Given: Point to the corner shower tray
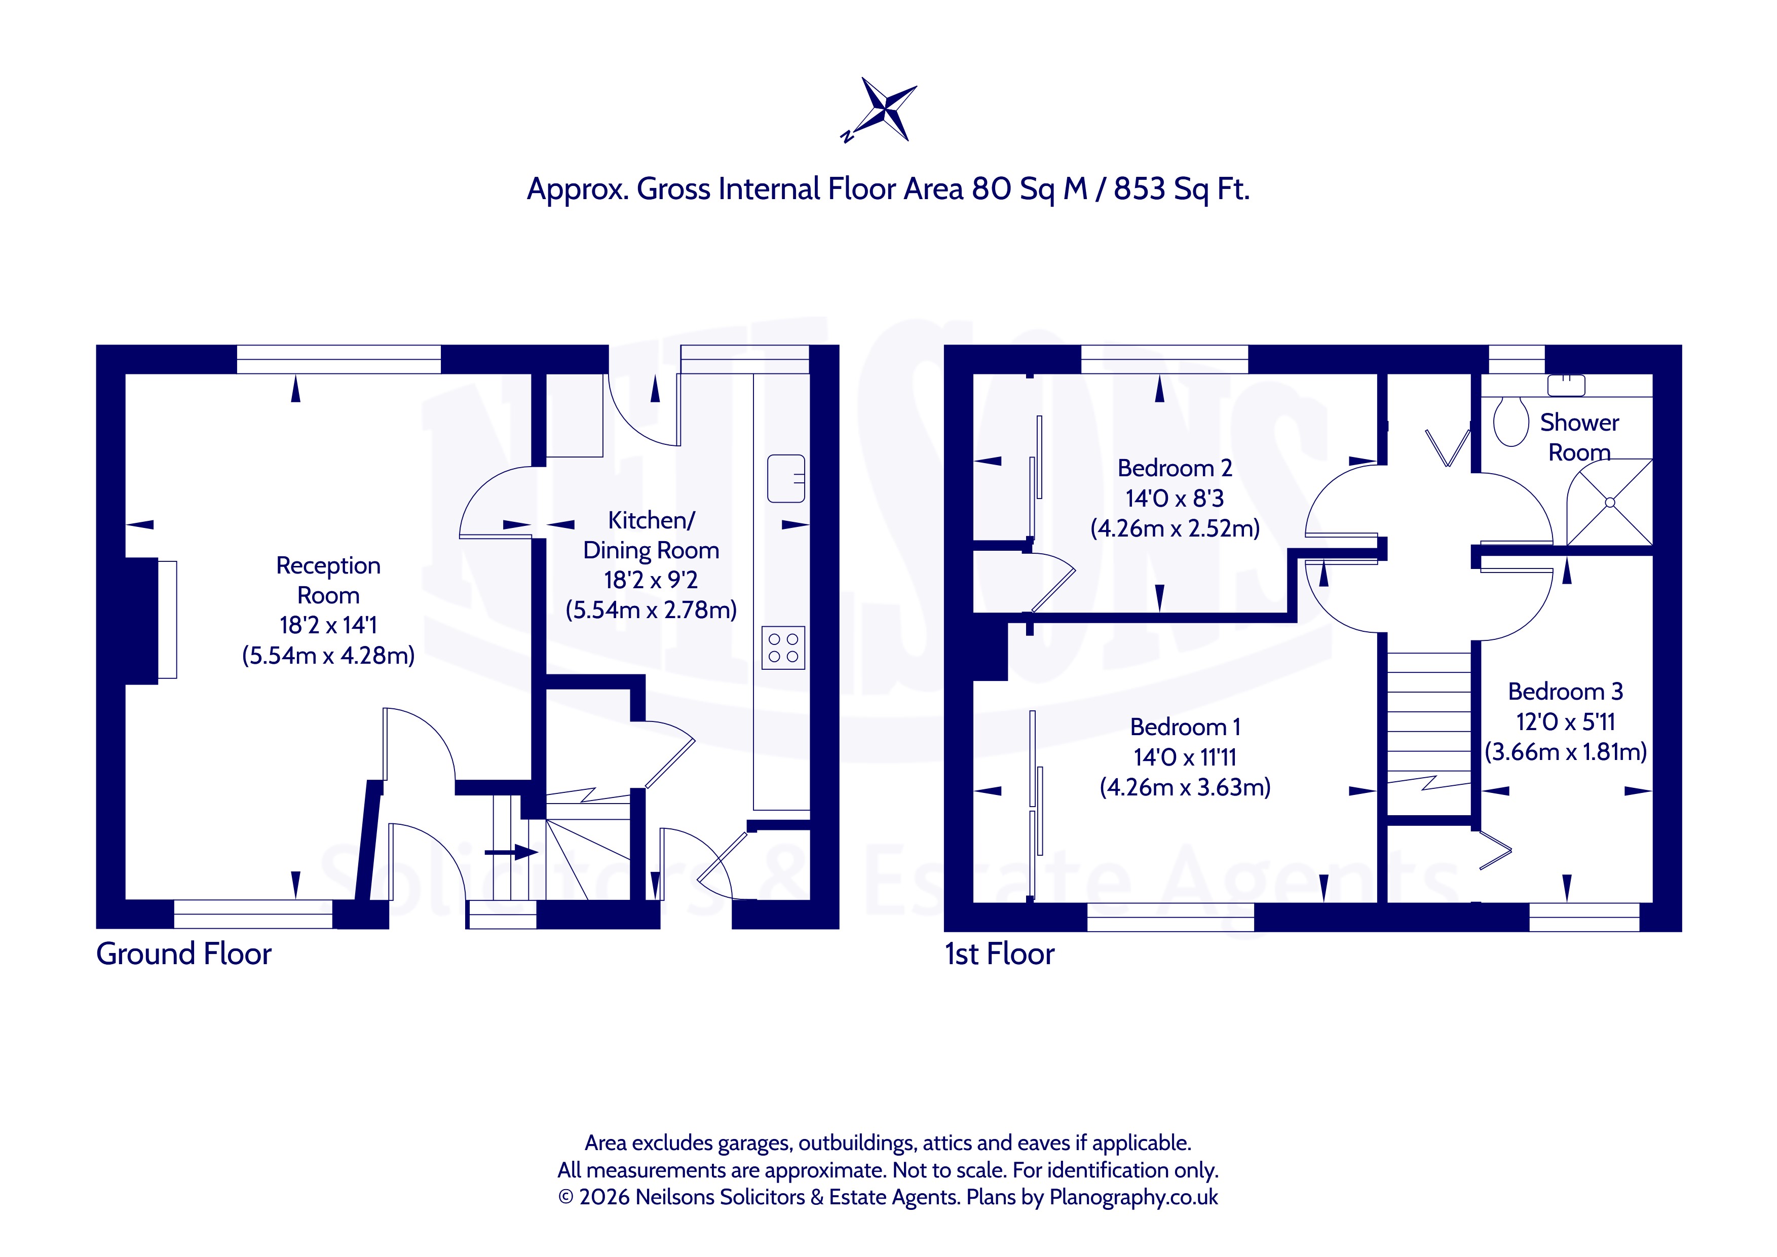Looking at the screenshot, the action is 1610,502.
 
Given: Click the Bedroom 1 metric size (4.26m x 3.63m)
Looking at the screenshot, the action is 1185,787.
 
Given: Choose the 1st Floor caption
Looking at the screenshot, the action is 999,955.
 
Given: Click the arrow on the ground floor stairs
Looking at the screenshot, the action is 511,853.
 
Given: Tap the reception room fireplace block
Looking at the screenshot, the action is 142,620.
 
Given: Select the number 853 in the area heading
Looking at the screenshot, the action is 1139,189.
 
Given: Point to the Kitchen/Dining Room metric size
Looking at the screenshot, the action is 651,610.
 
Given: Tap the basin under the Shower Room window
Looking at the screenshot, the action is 1567,386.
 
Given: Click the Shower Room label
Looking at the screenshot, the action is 1580,437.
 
